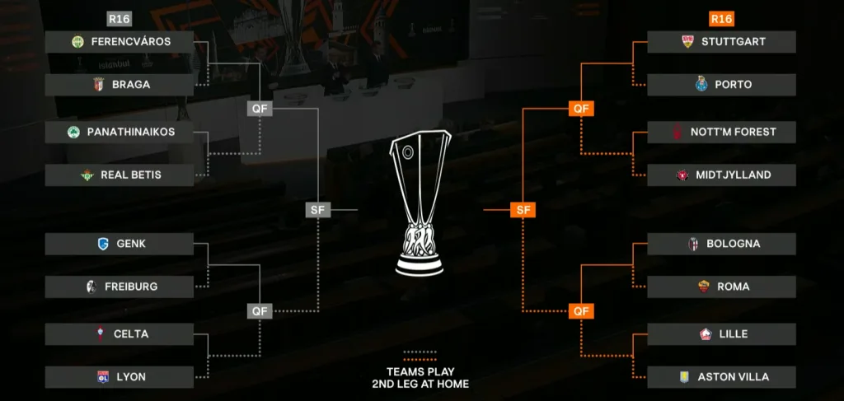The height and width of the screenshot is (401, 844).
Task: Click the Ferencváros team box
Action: [120, 42]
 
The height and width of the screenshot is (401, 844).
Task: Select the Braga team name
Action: [131, 85]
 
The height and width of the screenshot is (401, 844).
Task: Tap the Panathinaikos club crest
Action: [73, 133]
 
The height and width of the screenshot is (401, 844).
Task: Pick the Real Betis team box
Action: [120, 175]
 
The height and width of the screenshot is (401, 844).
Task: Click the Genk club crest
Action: [102, 244]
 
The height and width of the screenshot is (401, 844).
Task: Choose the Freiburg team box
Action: [120, 287]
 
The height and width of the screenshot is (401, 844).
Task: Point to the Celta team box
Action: [120, 334]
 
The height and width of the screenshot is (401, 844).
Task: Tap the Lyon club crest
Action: [102, 377]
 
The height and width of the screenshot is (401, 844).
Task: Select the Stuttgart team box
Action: [721, 42]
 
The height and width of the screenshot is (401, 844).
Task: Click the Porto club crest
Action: [701, 85]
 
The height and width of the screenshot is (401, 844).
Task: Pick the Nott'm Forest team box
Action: [721, 133]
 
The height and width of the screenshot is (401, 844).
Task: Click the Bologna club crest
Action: [693, 244]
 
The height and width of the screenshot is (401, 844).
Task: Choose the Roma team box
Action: [721, 287]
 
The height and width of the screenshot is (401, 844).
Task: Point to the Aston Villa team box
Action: [721, 377]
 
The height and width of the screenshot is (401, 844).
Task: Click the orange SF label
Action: [523, 210]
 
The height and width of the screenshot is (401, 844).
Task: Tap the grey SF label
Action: [318, 210]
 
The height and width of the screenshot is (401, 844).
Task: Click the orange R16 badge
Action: [721, 19]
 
